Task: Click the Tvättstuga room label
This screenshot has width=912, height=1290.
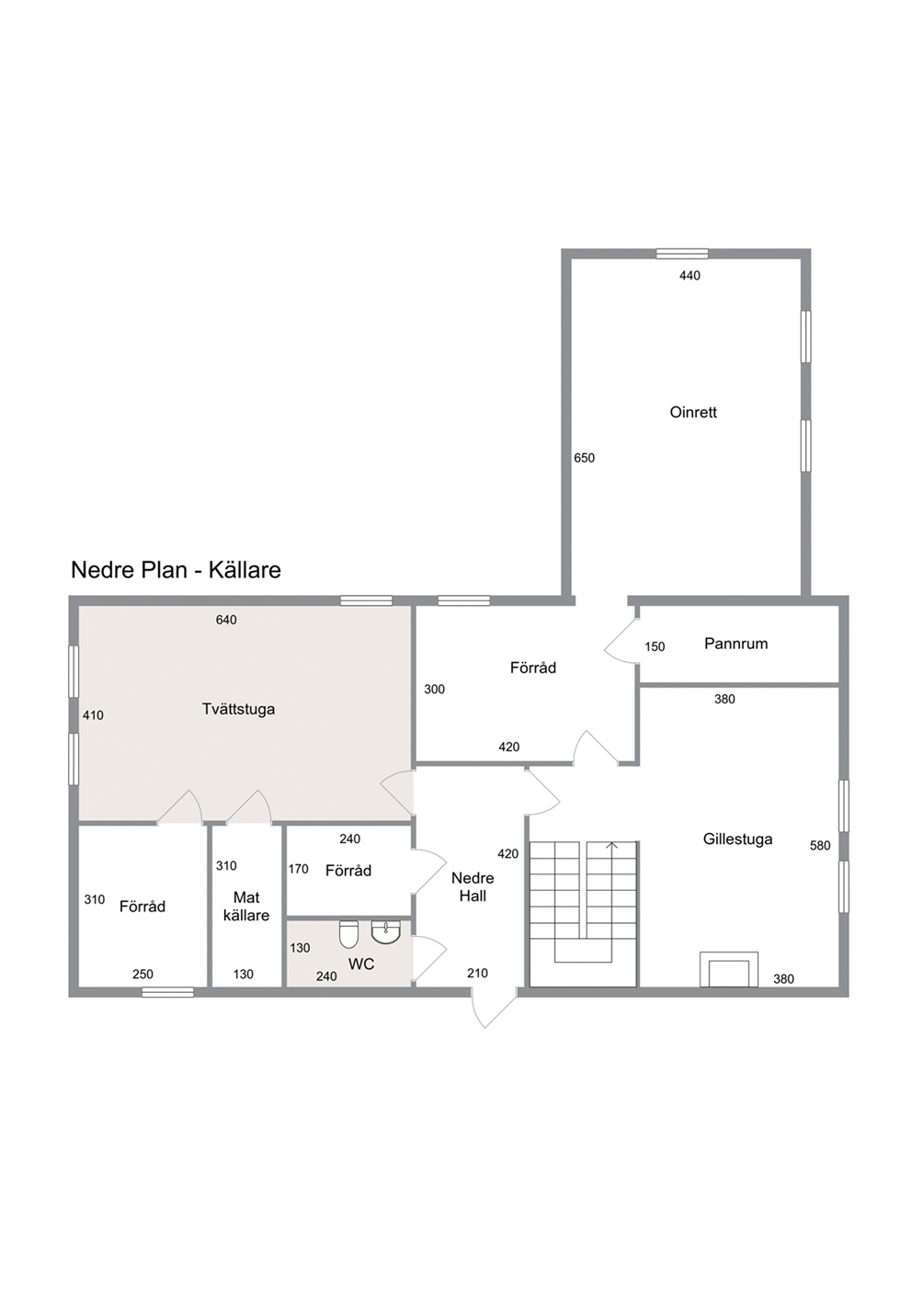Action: tap(238, 709)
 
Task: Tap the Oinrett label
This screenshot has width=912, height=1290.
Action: tap(693, 412)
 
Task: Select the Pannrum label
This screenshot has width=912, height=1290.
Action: tap(735, 644)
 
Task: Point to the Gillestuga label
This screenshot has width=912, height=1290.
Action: tap(737, 839)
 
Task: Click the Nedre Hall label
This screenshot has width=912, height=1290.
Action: tap(473, 887)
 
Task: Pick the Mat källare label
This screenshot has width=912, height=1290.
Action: tap(246, 906)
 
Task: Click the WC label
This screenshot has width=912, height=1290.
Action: tap(361, 964)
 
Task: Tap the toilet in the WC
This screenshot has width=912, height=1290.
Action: tap(349, 934)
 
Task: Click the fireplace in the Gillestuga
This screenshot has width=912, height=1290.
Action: tap(728, 970)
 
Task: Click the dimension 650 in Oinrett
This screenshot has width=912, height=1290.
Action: tap(585, 458)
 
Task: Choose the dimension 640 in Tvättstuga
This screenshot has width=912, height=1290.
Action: tap(226, 620)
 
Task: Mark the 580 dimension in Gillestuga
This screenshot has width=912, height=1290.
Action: tap(820, 845)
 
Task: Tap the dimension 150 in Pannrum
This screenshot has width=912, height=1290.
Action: tap(655, 646)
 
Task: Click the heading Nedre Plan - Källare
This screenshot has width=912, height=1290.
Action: tap(176, 569)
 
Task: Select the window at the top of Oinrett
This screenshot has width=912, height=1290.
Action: tap(682, 254)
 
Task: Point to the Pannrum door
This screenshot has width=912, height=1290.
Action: tap(621, 642)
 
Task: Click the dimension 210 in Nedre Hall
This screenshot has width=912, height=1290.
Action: tap(477, 973)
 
